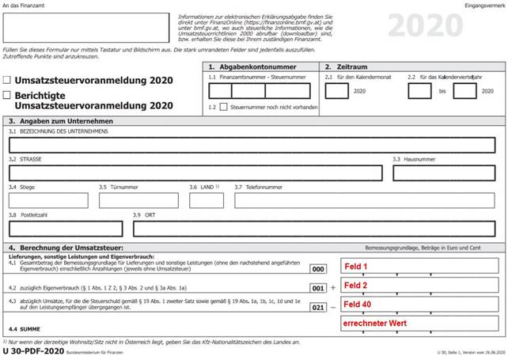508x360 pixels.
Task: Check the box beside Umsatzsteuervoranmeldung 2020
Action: pos(7,80)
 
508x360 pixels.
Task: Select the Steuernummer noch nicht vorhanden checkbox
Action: pos(224,107)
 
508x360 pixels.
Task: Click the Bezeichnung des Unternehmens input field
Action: pos(253,144)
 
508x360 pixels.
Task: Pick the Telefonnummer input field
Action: pos(365,200)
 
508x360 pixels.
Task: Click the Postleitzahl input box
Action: pos(65,229)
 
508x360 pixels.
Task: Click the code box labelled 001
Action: pos(318,286)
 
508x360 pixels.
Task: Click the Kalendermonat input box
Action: pos(336,91)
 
